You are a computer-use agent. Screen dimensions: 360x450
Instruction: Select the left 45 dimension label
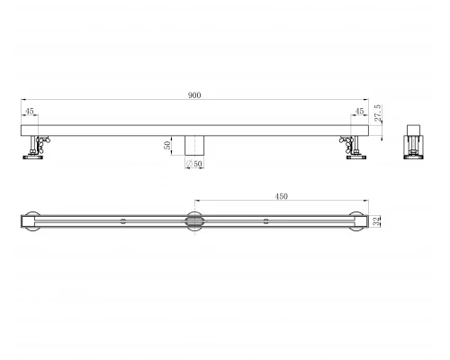(x=31, y=112)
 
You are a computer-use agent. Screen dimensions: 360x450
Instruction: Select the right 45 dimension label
(x=359, y=112)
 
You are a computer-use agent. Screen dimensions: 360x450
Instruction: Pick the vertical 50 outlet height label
(x=167, y=146)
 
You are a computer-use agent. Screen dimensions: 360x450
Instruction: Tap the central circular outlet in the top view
(x=194, y=220)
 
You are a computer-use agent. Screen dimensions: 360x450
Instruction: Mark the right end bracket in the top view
(x=356, y=220)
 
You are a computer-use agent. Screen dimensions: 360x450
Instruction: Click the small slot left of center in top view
(x=123, y=220)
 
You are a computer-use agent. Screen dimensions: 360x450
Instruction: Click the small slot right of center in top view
(x=265, y=220)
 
